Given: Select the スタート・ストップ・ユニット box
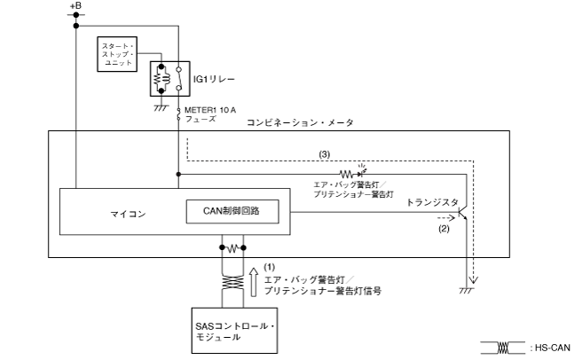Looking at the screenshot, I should (118, 54).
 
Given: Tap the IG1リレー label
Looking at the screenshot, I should (214, 80).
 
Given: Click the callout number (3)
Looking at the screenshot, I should (324, 154).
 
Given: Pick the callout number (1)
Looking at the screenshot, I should (270, 266).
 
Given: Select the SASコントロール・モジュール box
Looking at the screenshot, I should (234, 331).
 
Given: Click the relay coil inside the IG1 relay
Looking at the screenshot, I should (160, 80).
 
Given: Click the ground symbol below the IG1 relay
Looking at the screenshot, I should (160, 106).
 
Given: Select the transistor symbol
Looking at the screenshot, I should (463, 214).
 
